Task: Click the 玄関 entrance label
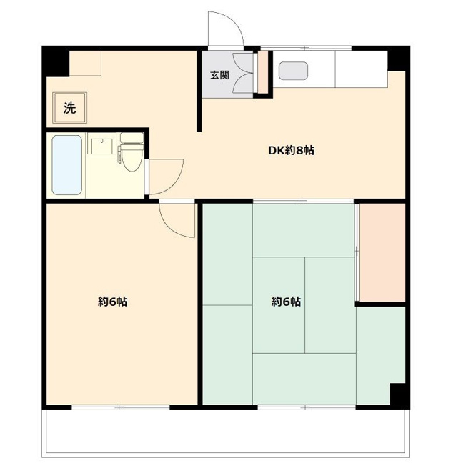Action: [x=219, y=75]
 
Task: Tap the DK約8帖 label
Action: [x=291, y=150]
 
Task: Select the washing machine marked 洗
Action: [x=70, y=108]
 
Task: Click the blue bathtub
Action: [x=67, y=165]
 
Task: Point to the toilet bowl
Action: [x=131, y=152]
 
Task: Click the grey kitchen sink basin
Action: [x=293, y=71]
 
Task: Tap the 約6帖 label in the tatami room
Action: [x=286, y=302]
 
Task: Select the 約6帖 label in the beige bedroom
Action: [x=113, y=302]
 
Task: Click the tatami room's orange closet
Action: [x=382, y=252]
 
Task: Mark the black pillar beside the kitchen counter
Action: [x=398, y=59]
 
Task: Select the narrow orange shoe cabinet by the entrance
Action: [x=262, y=71]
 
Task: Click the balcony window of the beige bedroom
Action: [x=121, y=407]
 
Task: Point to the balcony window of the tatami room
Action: [x=307, y=407]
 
